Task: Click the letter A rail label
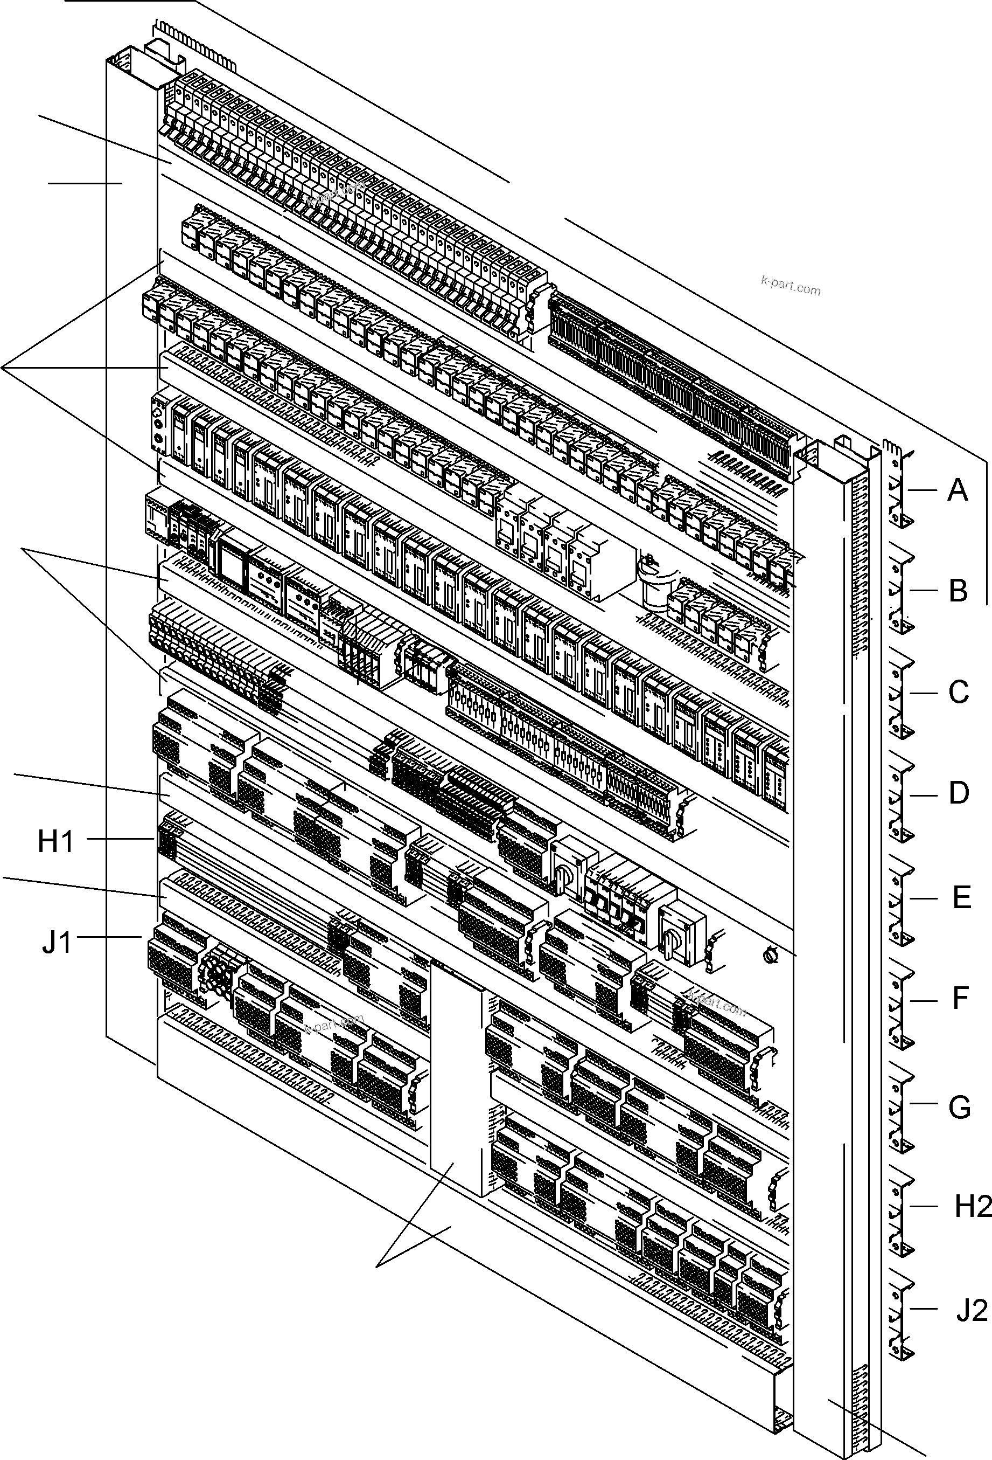click(x=957, y=490)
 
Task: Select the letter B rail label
click(x=958, y=591)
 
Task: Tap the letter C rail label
click(x=958, y=693)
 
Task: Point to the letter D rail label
click(x=959, y=794)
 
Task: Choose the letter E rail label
click(x=961, y=898)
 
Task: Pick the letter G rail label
click(x=959, y=1108)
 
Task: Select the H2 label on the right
click(x=973, y=1207)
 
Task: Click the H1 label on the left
click(x=56, y=842)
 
